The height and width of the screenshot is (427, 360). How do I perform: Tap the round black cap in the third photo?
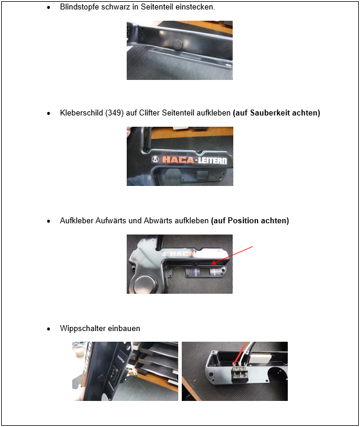click(144, 283)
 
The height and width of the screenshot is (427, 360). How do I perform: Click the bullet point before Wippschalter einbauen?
click(49, 329)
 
